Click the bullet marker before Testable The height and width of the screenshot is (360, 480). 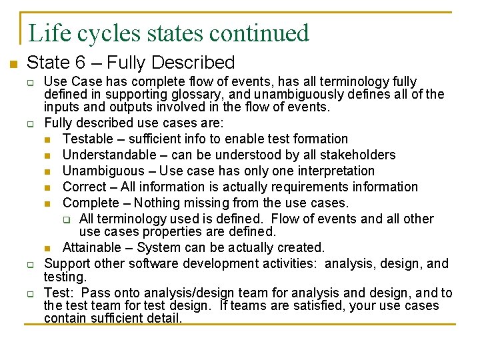click(x=48, y=139)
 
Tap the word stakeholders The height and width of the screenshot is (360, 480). click(x=360, y=155)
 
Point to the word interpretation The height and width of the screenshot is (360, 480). click(x=333, y=171)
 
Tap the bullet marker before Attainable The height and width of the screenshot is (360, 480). click(x=48, y=248)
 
